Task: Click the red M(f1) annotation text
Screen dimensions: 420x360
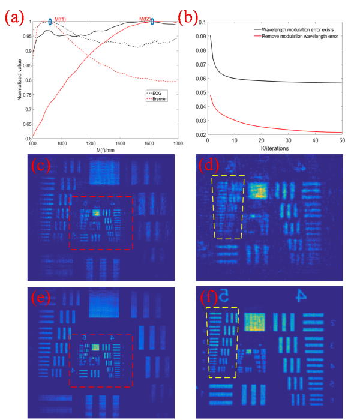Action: pos(61,20)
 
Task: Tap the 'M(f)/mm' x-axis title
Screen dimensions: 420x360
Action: pos(106,150)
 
